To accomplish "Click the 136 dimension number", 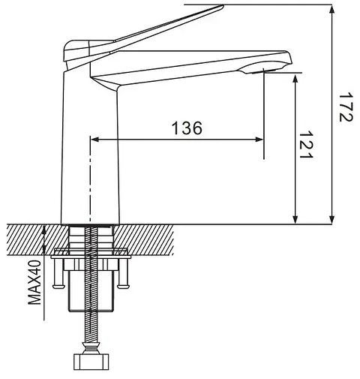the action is point(187,128).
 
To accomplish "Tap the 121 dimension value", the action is point(306,144).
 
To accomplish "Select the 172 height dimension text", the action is point(346,107).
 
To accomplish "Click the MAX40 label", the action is point(34,282).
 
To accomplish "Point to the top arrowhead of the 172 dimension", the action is point(331,10).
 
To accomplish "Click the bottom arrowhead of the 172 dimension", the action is point(331,219).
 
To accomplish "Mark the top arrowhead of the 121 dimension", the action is point(295,79).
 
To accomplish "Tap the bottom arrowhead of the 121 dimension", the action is point(295,219).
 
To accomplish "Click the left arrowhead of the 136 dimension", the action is point(95,140).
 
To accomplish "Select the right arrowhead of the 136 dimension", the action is point(259,140).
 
